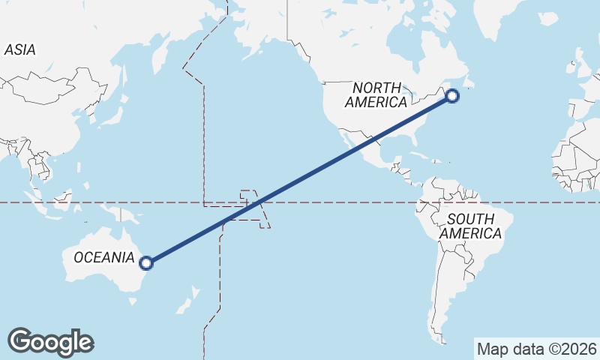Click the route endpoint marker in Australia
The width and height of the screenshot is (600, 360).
point(146,262)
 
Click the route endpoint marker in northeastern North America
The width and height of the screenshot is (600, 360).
point(452,95)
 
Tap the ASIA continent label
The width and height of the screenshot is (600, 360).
point(19,49)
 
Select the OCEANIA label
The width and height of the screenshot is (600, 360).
point(103,258)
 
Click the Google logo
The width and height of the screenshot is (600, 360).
point(50,341)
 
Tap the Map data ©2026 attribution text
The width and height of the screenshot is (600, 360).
point(536,349)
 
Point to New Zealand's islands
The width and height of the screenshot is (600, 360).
point(187,298)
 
